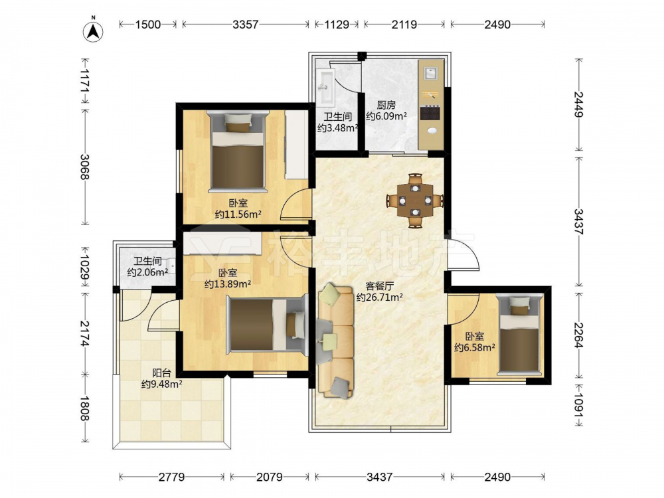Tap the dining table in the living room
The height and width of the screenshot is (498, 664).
[415, 200]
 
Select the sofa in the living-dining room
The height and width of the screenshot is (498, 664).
[335, 342]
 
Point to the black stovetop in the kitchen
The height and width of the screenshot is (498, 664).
[431, 113]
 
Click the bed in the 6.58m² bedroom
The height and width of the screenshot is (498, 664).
[520, 335]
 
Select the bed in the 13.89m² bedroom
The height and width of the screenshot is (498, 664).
[267, 325]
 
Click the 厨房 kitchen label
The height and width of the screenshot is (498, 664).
[386, 105]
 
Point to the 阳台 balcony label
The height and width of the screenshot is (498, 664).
[162, 373]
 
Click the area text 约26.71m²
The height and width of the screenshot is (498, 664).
[379, 297]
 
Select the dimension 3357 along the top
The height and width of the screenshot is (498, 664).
[245, 25]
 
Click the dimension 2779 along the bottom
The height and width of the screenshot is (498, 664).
[171, 477]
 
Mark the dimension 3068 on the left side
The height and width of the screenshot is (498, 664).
[85, 167]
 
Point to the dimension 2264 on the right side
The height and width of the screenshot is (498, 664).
[579, 335]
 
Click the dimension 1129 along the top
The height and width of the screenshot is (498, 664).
[337, 25]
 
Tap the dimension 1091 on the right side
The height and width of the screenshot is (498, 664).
[579, 405]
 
